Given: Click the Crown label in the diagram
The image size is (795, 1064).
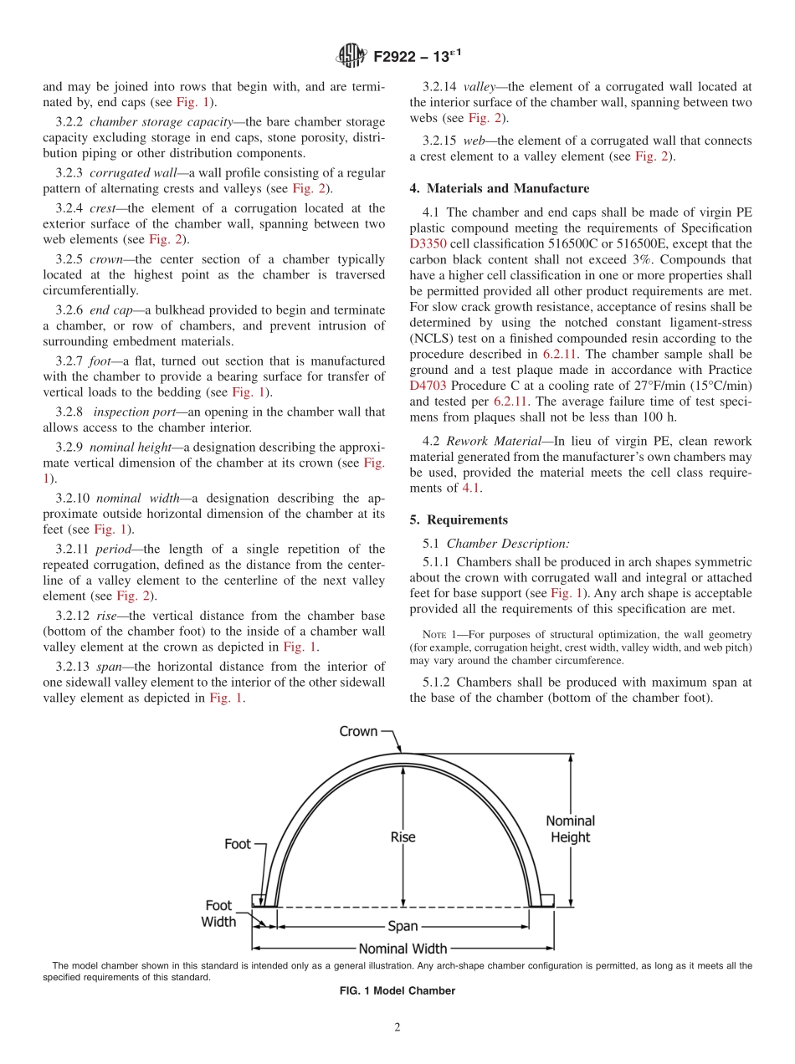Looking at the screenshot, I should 358,731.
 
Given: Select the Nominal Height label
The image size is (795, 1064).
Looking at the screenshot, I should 570,829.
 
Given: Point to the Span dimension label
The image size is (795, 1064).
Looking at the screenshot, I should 403,927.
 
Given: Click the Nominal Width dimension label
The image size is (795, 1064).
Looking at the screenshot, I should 403,949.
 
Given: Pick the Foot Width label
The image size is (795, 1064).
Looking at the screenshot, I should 218,913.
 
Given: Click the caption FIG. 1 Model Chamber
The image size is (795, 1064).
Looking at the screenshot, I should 397,991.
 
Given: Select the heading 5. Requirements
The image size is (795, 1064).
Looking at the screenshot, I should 459,519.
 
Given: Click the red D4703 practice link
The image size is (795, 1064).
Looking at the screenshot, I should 428,386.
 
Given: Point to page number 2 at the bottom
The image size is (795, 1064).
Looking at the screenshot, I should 397,1028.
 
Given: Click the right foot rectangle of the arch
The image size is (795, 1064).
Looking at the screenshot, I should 546,900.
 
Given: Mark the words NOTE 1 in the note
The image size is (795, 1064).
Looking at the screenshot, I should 439,636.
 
